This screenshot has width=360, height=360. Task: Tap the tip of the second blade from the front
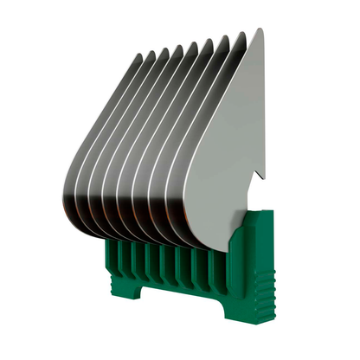(242, 35)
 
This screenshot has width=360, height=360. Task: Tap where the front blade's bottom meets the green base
(227, 246)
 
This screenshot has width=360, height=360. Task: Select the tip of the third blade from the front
(226, 38)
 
